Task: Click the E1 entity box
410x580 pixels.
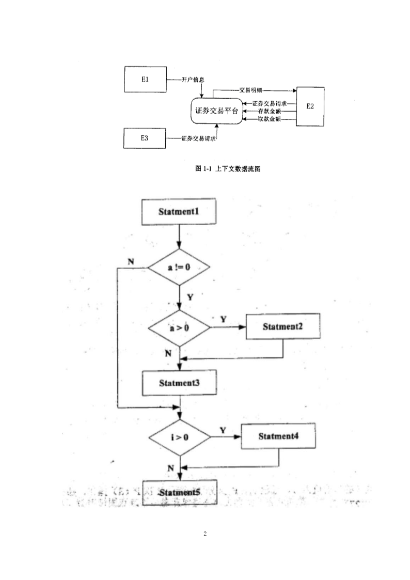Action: coord(145,80)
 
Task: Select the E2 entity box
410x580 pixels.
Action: coord(309,106)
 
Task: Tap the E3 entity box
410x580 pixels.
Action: coord(145,138)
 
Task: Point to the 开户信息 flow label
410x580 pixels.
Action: coord(193,80)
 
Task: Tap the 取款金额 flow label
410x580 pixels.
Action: coord(269,119)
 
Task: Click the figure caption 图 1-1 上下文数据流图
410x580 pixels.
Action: coord(227,169)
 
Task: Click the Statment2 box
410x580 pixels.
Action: coord(282,326)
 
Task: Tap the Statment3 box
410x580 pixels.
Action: coord(179,383)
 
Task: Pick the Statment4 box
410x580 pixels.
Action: coord(279,436)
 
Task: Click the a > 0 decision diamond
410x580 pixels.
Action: coord(179,327)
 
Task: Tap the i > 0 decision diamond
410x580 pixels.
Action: coord(179,437)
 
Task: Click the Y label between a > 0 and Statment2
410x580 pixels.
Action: coord(223,319)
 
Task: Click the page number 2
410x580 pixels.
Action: coord(205,534)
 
